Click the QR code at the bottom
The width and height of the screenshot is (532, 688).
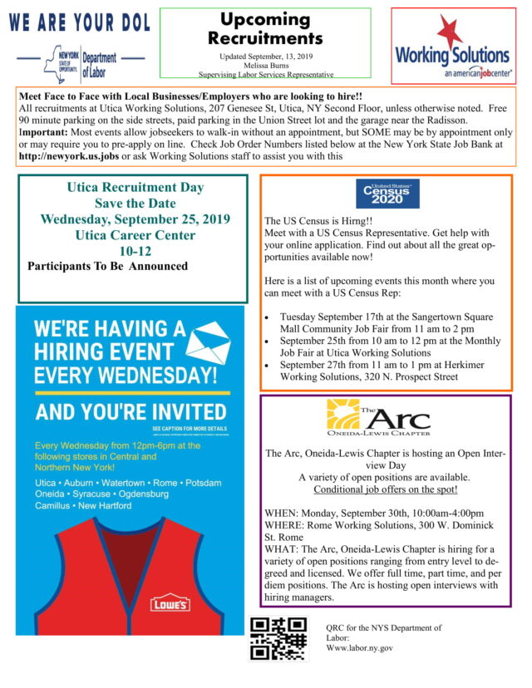click(x=278, y=639)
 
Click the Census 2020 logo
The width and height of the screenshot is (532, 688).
click(x=387, y=194)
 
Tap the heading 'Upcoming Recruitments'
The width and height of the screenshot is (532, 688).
click(x=265, y=28)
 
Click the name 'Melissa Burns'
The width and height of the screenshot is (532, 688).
click(x=265, y=64)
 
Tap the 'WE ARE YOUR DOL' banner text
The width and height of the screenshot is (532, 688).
click(x=80, y=22)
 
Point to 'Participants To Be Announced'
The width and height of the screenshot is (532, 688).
click(x=107, y=266)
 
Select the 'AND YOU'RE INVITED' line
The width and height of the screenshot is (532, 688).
click(x=131, y=411)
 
